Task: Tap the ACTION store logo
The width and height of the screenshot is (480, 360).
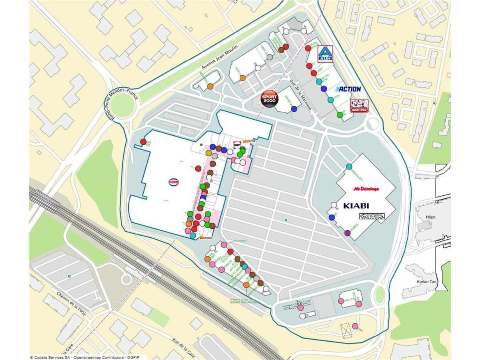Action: pyautogui.click(x=348, y=89)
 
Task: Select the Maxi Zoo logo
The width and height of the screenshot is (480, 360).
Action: pyautogui.click(x=359, y=106)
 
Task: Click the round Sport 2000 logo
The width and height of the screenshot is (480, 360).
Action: pyautogui.click(x=270, y=99)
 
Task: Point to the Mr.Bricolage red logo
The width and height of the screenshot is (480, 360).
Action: pyautogui.click(x=366, y=188)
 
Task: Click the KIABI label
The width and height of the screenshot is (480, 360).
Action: pyautogui.click(x=356, y=205)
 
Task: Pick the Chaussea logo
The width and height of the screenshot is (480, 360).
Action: pyautogui.click(x=371, y=216)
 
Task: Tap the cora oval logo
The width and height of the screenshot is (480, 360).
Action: pyautogui.click(x=173, y=182)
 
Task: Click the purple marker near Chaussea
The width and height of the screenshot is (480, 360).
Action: pyautogui.click(x=347, y=233)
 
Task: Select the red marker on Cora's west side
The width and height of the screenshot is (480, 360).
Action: pyautogui.click(x=143, y=141)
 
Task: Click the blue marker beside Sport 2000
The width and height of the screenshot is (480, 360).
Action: pyautogui.click(x=294, y=109)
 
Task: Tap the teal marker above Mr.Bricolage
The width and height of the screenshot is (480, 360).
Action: pyautogui.click(x=349, y=166)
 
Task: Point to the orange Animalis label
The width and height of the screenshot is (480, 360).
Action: pyautogui.click(x=206, y=237)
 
